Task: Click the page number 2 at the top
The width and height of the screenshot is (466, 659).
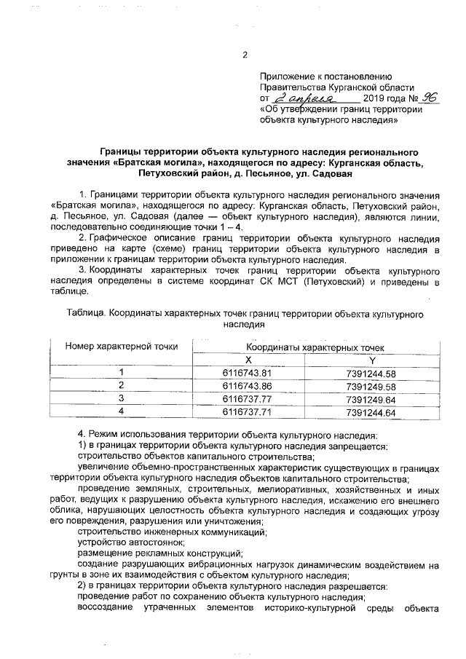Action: (x=245, y=54)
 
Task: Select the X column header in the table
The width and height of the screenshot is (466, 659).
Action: (x=248, y=360)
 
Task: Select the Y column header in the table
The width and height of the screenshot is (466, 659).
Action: (x=372, y=360)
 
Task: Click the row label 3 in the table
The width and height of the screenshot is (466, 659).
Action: (x=122, y=399)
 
